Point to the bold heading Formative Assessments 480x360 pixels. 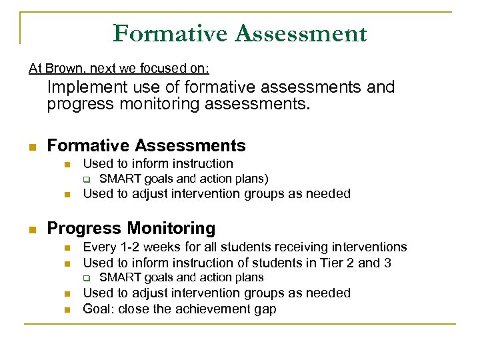point(146,145)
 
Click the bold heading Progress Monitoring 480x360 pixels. point(131,229)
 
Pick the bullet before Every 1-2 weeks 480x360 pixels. point(67,248)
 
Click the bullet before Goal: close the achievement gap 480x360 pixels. point(67,310)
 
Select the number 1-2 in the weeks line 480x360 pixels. point(127,247)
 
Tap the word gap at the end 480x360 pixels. point(265,309)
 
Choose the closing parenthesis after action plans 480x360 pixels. point(267,179)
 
